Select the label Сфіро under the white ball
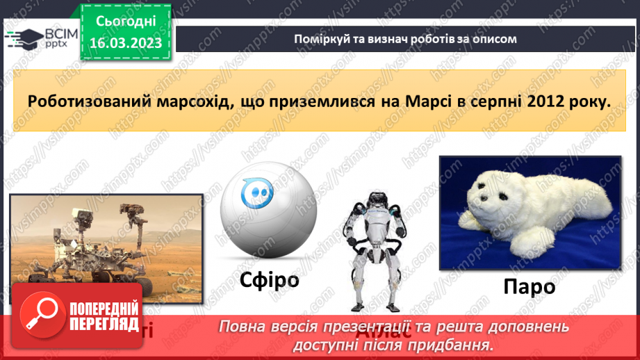point(259,281)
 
